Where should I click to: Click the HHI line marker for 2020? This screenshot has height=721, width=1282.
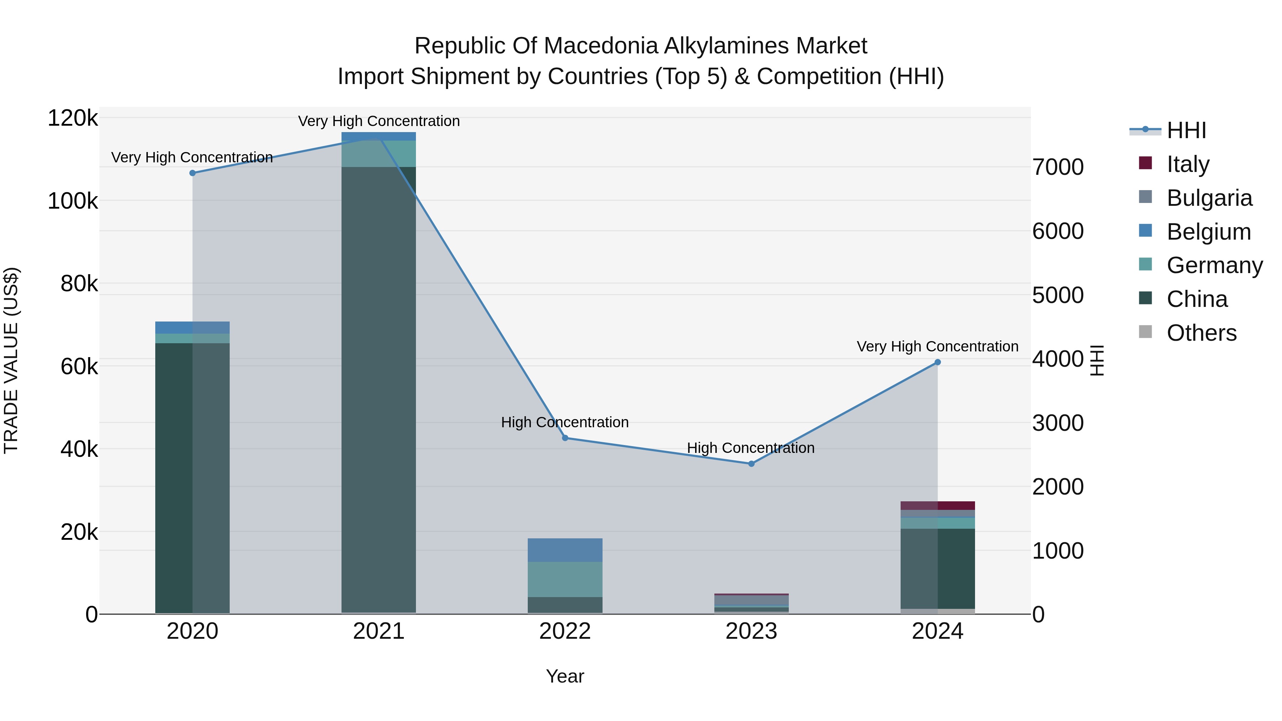(x=193, y=173)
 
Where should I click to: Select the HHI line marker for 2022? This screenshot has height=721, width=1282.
(x=565, y=438)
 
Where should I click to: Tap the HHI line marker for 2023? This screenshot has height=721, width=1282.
(x=751, y=464)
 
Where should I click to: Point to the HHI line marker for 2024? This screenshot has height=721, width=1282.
(x=938, y=362)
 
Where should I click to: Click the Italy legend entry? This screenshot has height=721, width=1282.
(x=1187, y=164)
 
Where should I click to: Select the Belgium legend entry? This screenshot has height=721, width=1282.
(x=1208, y=232)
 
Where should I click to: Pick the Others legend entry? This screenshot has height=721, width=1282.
(x=1202, y=333)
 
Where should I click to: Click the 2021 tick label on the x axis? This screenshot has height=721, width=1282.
(x=379, y=631)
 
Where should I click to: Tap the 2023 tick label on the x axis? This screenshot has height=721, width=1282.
(x=751, y=631)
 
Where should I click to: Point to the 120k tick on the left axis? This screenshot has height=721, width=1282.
(x=73, y=119)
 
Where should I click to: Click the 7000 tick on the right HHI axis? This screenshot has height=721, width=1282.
(x=1058, y=167)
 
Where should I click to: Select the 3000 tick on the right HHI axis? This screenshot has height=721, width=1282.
(x=1058, y=423)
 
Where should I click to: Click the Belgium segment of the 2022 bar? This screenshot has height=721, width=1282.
(x=565, y=550)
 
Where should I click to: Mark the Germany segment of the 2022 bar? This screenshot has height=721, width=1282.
(x=565, y=579)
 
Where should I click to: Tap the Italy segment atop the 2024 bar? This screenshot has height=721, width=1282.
(x=938, y=506)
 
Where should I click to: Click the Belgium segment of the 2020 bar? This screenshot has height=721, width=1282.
(x=193, y=328)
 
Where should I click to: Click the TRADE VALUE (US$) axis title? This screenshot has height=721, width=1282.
(x=11, y=360)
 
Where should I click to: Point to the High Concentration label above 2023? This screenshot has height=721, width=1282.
(x=750, y=448)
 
